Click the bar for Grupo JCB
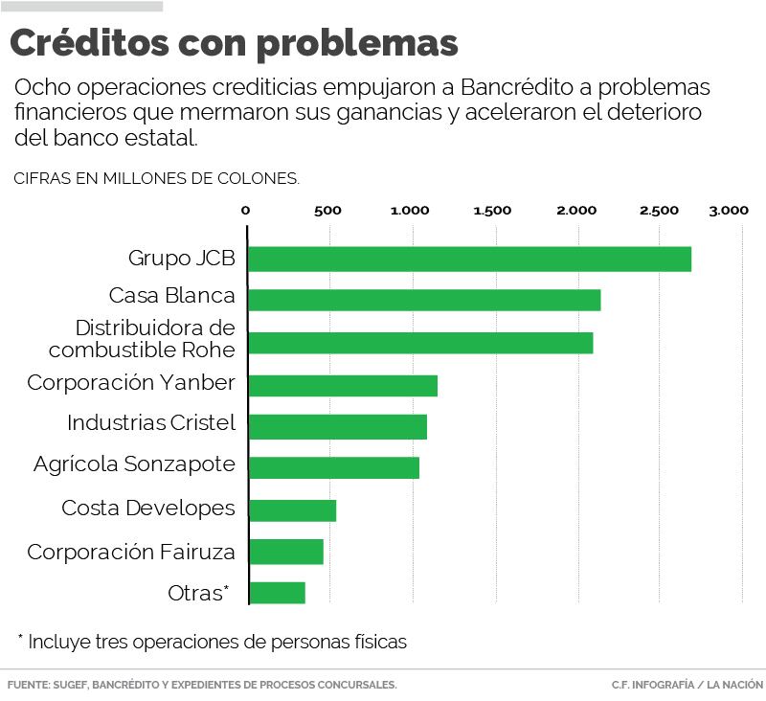(x=469, y=259)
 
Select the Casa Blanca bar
(x=424, y=300)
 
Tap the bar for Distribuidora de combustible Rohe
(x=420, y=342)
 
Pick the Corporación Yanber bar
(x=343, y=385)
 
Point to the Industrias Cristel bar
(x=337, y=426)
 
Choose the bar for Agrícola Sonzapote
(x=333, y=467)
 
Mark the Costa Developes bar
(x=292, y=509)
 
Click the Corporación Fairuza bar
(x=285, y=552)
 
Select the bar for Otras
(x=277, y=593)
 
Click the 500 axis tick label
(x=327, y=211)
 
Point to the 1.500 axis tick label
(x=493, y=211)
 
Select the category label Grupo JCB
(x=182, y=259)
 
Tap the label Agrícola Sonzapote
(x=134, y=464)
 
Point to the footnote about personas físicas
(x=213, y=642)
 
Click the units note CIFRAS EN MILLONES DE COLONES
(x=157, y=177)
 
